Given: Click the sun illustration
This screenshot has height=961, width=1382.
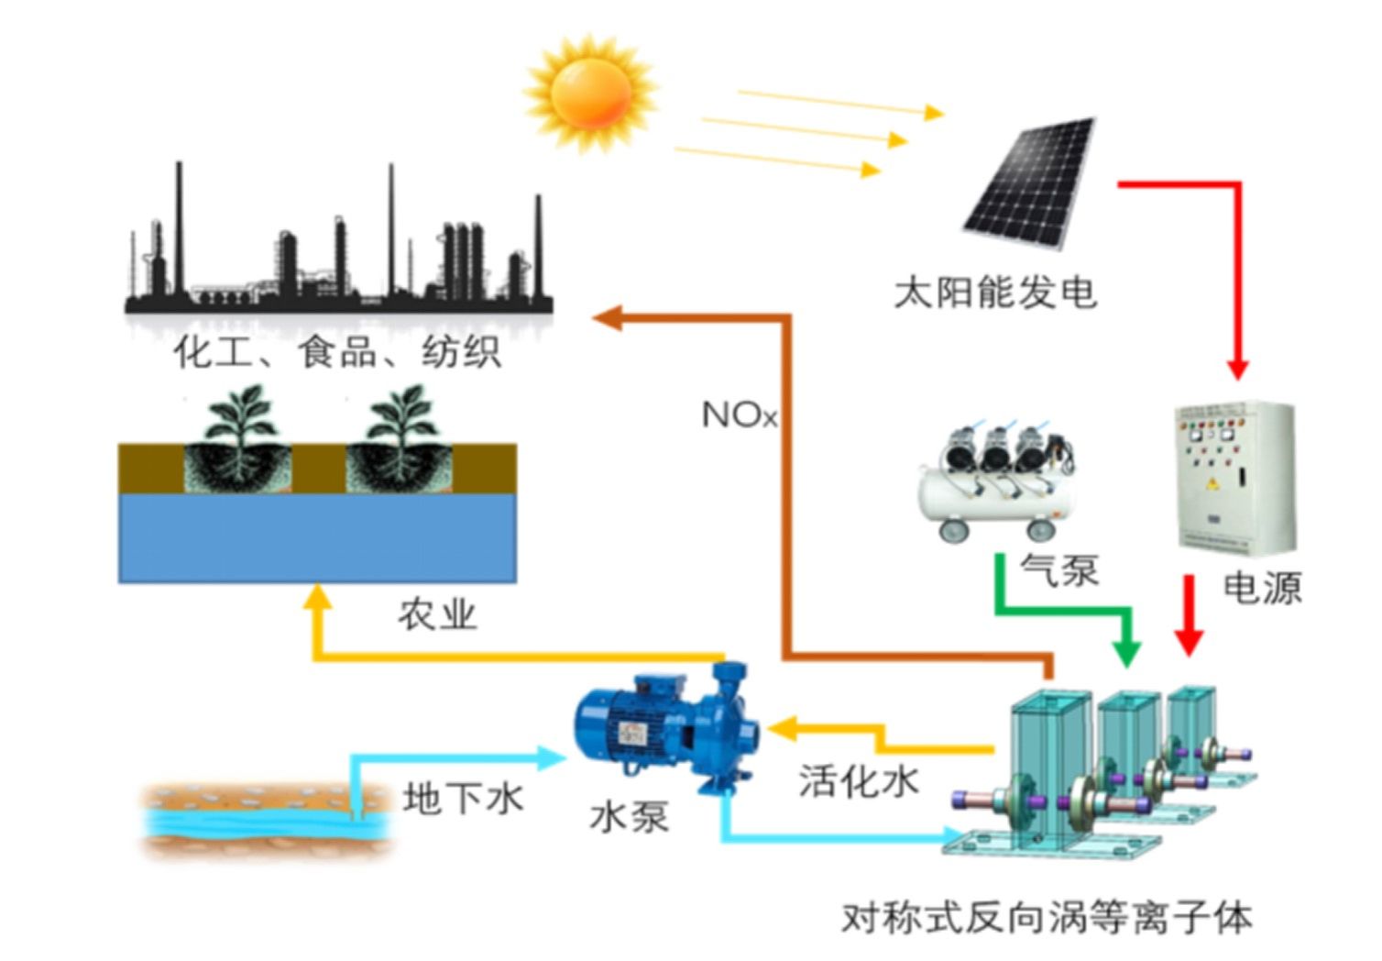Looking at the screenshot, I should (591, 92).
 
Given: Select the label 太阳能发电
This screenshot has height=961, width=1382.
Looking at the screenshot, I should (995, 293).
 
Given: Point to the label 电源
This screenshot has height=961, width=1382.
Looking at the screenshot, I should (1262, 588).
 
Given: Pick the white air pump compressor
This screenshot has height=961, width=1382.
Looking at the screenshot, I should (998, 482).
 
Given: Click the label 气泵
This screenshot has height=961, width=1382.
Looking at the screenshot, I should (1059, 570).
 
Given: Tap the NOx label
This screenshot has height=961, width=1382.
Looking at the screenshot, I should (739, 415).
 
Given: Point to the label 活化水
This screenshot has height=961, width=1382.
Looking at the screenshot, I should (858, 781).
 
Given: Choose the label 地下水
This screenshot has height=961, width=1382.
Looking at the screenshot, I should (463, 798).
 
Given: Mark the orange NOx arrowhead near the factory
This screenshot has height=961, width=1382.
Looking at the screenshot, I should (607, 318).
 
